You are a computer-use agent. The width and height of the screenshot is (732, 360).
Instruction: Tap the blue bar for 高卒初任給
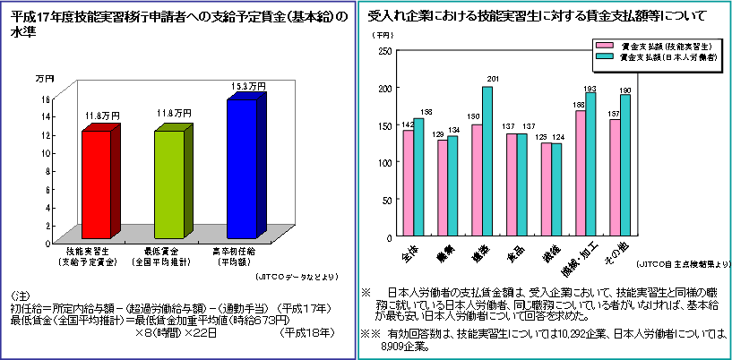point(242,167)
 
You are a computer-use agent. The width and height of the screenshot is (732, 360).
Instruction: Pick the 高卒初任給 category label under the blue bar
point(239,255)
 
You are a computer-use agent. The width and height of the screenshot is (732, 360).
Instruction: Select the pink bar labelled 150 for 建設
point(477,181)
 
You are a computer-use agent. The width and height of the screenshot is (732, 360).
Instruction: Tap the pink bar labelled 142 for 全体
point(408,184)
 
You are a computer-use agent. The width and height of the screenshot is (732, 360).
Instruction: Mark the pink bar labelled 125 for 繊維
point(546,190)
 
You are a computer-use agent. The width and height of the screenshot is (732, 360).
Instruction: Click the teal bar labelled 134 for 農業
point(452,186)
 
